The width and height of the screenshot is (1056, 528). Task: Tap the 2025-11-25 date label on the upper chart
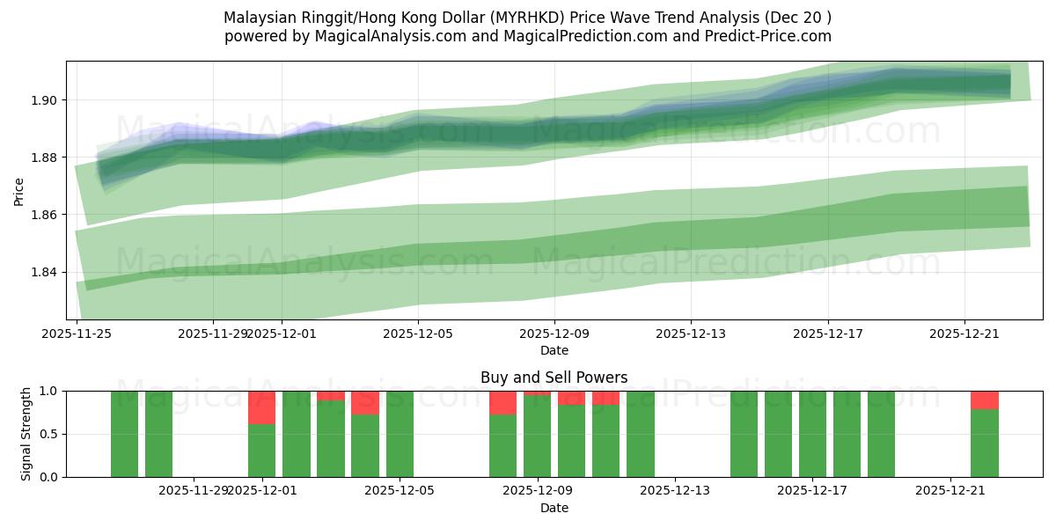tap(77, 334)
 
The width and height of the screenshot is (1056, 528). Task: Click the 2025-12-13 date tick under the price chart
tap(691, 334)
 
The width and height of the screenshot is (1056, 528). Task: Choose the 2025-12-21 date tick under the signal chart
tap(950, 491)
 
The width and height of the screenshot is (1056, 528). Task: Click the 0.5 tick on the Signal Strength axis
tap(48, 434)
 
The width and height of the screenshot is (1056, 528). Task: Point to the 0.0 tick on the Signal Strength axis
tap(48, 477)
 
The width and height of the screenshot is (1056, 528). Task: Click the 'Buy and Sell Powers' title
tap(554, 378)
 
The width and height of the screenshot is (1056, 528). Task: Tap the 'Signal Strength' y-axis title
tap(26, 434)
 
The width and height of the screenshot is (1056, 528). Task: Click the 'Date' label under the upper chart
tap(554, 350)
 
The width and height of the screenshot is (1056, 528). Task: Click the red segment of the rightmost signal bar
tap(985, 400)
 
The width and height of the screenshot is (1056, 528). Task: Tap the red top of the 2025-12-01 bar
tap(261, 407)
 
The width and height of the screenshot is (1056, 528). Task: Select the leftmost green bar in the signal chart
tap(124, 434)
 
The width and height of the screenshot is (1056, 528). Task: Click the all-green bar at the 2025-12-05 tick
tap(400, 434)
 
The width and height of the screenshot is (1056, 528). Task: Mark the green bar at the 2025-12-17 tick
tap(812, 434)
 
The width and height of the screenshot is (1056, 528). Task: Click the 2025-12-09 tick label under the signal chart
tap(538, 491)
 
